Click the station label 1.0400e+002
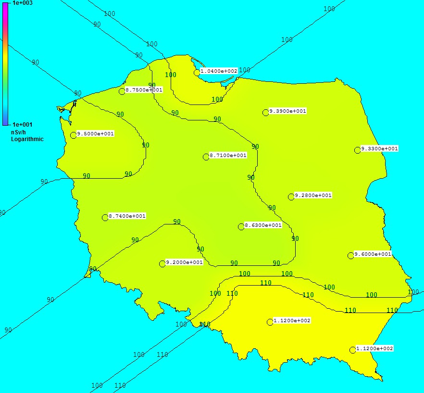[x=219, y=71]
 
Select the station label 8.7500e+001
[x=144, y=90]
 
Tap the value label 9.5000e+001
[x=95, y=134]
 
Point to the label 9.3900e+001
[x=287, y=111]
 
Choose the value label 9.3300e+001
[x=379, y=149]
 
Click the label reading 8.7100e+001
[x=228, y=156]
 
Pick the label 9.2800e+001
[x=313, y=196]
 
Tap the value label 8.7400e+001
[x=127, y=216]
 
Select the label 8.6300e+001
[x=263, y=225]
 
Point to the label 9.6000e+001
[x=373, y=254]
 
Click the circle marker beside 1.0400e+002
[x=197, y=72]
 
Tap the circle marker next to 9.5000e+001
[x=74, y=135]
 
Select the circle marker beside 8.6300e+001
[x=241, y=227]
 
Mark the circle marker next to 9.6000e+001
[x=351, y=255]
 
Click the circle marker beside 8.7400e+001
[x=105, y=218]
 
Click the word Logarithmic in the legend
[x=27, y=139]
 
